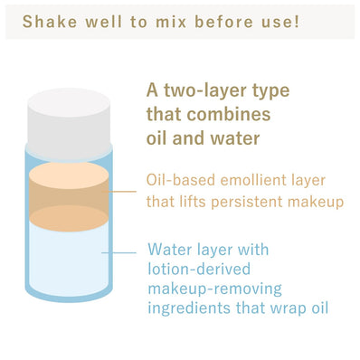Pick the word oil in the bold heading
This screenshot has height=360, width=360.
[158, 139]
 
